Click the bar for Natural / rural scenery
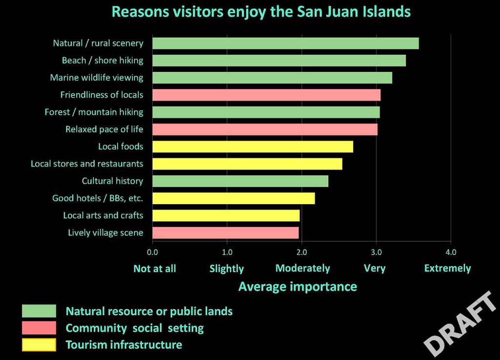pos(285,43)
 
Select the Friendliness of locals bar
pos(266,95)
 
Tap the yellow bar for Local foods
pos(252,147)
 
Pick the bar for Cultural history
pos(240,181)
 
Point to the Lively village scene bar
pos(226,233)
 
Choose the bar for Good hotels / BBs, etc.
pos(233,198)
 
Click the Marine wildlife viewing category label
pos(97,78)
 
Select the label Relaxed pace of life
pos(104,129)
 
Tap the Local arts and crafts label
pos(103,215)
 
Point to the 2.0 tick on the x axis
pos(301,253)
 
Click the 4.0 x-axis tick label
pos(451,253)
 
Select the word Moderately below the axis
pos(303,268)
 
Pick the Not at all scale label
pos(155,268)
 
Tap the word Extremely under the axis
pos(447,268)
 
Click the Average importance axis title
pos(297,286)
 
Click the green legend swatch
pos(39,311)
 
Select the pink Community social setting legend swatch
pos(39,328)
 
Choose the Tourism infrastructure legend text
pos(124,345)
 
